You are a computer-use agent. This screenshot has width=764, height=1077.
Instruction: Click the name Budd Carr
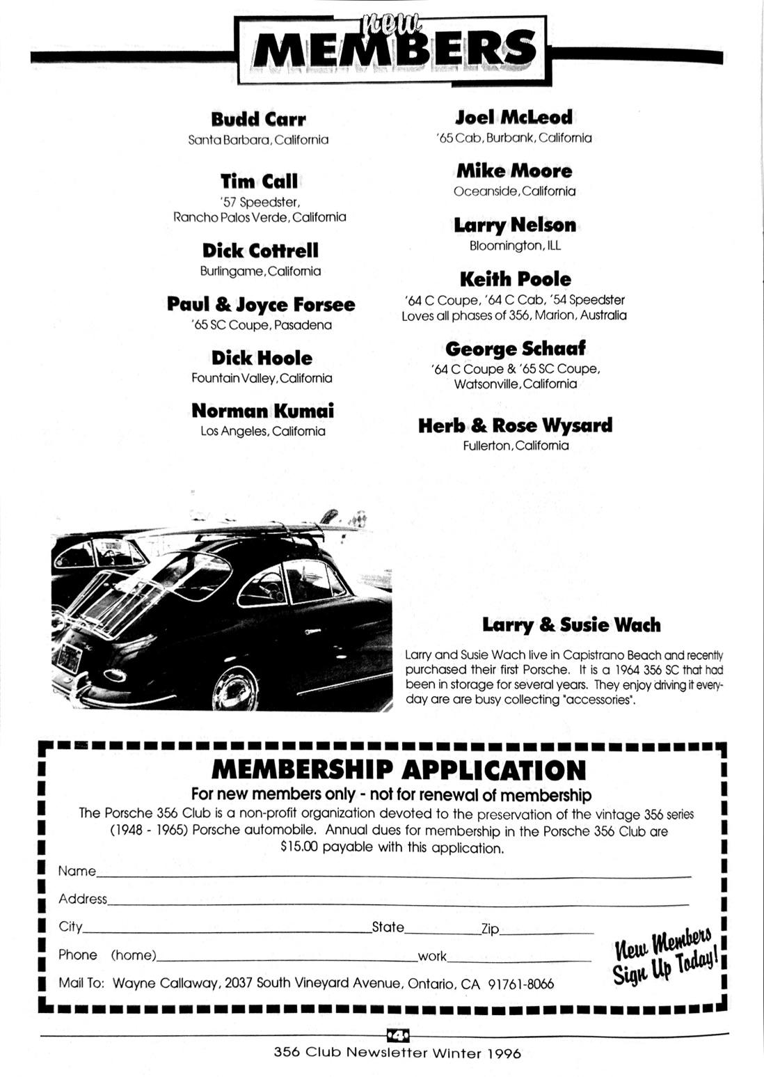(258, 119)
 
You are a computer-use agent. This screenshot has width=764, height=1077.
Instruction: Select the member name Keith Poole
(515, 279)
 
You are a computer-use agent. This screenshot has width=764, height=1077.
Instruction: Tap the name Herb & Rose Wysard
(515, 425)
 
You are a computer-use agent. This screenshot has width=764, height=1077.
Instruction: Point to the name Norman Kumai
(262, 411)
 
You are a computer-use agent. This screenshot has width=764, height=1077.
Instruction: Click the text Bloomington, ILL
(515, 246)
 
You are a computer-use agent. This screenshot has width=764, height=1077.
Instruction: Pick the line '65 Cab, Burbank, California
(514, 138)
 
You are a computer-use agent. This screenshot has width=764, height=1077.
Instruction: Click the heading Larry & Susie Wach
(571, 624)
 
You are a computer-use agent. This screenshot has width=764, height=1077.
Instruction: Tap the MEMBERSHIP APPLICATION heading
(398, 770)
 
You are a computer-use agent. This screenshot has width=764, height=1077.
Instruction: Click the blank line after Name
(393, 874)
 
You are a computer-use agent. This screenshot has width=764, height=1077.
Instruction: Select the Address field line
(397, 902)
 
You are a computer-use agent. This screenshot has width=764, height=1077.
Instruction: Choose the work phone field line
(518, 959)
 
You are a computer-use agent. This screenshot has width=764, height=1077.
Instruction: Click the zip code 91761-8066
(520, 984)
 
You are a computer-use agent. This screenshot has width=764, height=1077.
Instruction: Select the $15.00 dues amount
(299, 848)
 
